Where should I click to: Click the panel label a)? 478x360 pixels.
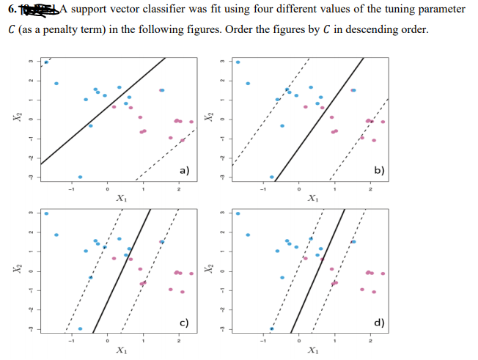pos(185,170)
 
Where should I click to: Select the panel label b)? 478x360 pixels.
pos(378,170)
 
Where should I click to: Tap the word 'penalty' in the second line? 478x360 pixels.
pos(72,29)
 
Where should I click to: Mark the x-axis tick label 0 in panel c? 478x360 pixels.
pos(107,342)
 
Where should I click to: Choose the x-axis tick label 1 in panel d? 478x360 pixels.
pos(335,342)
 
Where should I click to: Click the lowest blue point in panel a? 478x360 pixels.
pos(80,177)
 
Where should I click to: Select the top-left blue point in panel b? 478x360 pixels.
pos(237,62)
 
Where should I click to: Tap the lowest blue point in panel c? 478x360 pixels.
pos(80,328)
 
